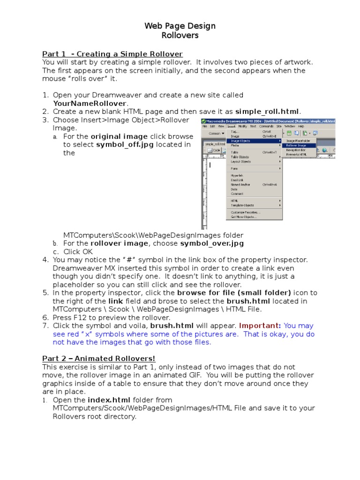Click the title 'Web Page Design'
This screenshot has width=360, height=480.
click(180, 26)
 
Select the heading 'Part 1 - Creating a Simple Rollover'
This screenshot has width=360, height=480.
click(112, 54)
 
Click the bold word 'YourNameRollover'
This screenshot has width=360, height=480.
click(90, 103)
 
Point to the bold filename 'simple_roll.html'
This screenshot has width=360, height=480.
click(267, 111)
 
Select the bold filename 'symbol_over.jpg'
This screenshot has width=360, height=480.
click(212, 243)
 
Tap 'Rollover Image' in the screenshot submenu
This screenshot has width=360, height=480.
click(296, 145)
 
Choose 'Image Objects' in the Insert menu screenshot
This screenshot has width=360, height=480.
click(240, 141)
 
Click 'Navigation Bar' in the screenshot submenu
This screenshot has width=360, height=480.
click(296, 150)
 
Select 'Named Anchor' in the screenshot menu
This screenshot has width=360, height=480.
click(240, 185)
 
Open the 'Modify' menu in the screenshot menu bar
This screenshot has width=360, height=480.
click(242, 126)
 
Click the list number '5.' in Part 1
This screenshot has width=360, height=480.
click(45, 292)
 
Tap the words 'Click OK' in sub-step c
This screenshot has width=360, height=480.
click(78, 252)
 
